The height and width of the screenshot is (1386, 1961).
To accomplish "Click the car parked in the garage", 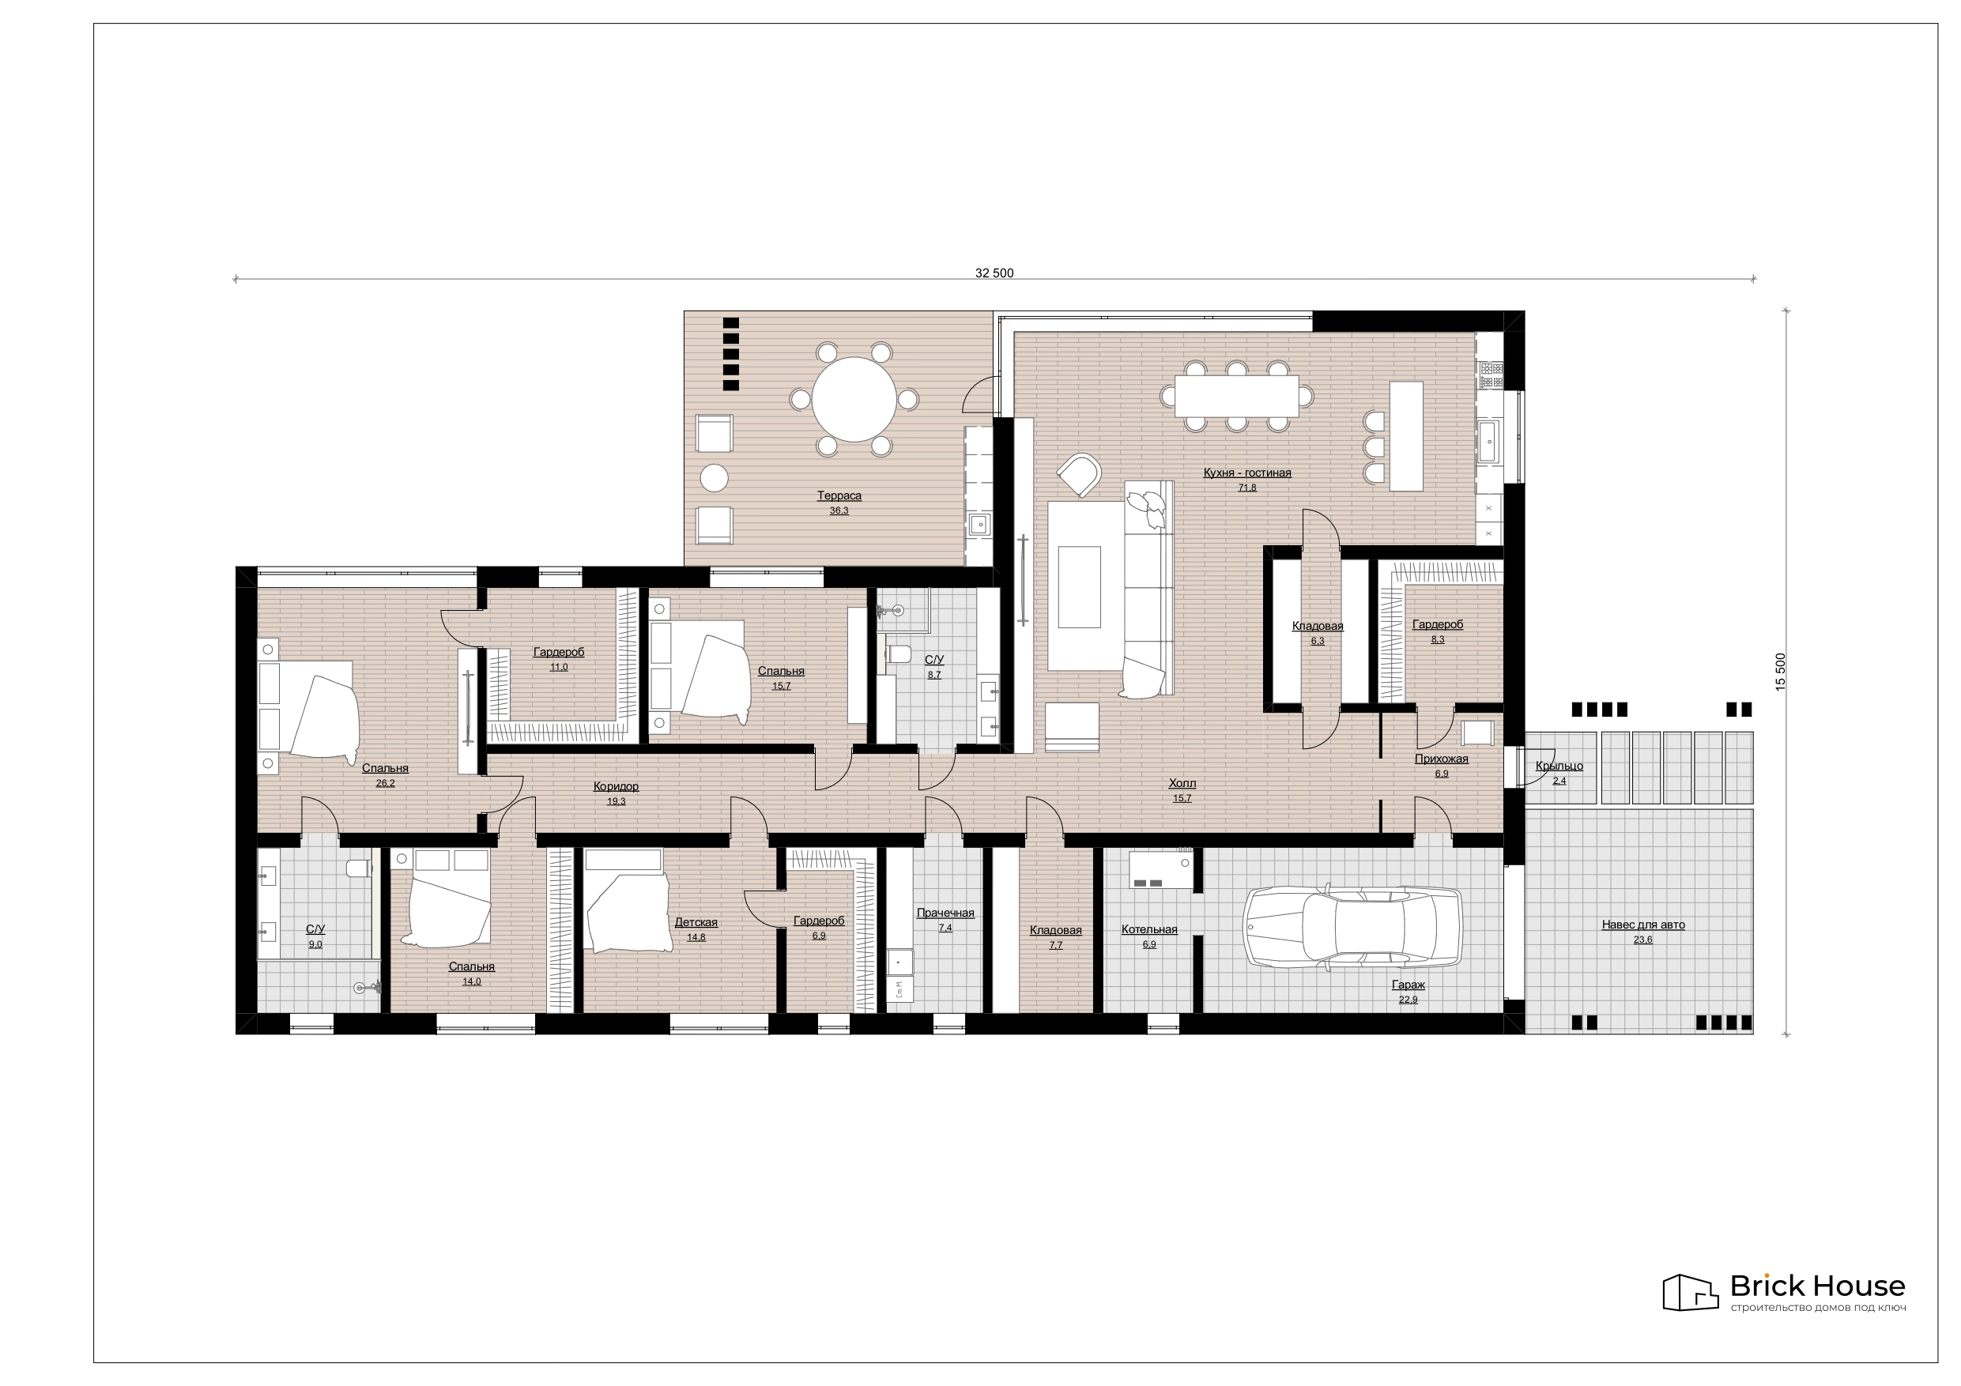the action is point(1353,928).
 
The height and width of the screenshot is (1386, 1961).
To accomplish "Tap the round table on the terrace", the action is point(854,399).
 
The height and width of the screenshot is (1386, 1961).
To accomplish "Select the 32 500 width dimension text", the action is point(994,273).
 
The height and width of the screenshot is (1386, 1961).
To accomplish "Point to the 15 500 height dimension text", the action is point(1781,672).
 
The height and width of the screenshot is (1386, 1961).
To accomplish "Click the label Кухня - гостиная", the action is point(1247,473).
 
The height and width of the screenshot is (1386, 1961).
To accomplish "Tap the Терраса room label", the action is point(839,496).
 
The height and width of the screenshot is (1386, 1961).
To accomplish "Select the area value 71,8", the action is point(1247,488).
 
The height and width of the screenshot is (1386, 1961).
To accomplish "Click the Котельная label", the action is point(1148,930).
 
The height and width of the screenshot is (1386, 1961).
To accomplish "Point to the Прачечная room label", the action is point(945,913).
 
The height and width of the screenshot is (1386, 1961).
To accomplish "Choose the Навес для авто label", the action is point(1642,925).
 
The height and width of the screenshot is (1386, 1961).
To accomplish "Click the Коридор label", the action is point(616,786).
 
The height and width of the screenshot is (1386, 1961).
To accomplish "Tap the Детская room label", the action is point(696,922).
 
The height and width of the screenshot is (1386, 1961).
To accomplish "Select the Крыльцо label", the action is point(1559,766).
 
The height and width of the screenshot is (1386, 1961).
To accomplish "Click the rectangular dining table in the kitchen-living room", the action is point(1236,396).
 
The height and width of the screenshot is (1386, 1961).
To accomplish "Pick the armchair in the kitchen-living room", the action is point(1080,474).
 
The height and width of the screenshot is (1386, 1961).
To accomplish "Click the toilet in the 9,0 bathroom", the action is point(360,868).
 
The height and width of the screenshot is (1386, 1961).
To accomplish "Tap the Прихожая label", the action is point(1441,759).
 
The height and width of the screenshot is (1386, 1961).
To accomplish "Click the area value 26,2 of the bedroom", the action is point(385,784).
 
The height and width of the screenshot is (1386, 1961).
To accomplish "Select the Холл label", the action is point(1182,784).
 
